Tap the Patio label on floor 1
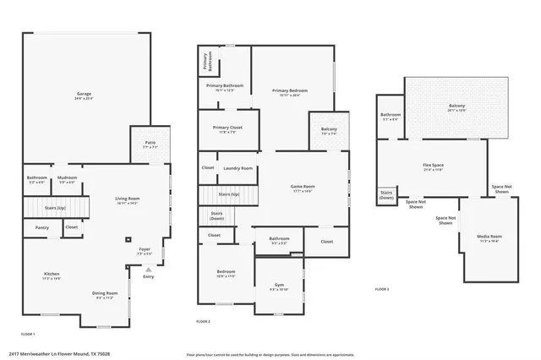[150, 145]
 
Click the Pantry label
[42, 227]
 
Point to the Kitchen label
[52, 275]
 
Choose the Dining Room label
[105, 295]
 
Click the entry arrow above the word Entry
[149, 270]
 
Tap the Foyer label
[145, 251]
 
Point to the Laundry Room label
[238, 168]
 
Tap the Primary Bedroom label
[290, 92]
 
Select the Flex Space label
[433, 166]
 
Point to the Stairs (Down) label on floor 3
[386, 194]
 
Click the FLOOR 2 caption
[203, 321]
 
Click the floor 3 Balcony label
[456, 107]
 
